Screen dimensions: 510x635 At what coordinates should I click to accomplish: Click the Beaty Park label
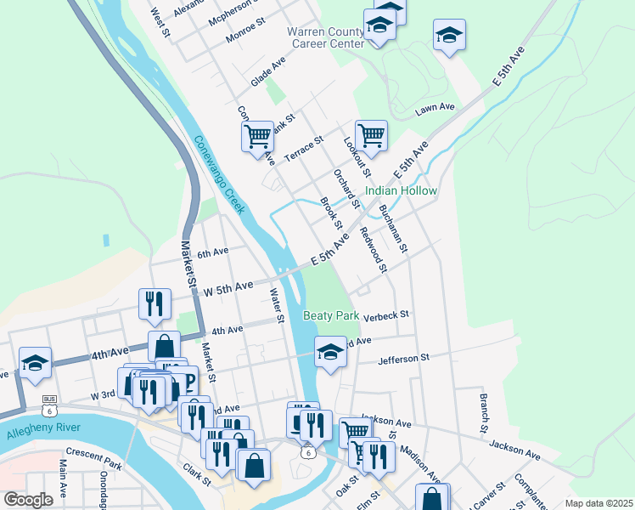point(331,315)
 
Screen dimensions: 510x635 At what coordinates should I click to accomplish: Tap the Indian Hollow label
point(401,191)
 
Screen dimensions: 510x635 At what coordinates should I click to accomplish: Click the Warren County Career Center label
point(325,37)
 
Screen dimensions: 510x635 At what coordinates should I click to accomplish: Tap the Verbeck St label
point(386,314)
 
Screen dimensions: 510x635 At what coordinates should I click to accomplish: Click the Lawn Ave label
point(436,109)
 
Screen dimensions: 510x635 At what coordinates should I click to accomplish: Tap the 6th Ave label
point(213,252)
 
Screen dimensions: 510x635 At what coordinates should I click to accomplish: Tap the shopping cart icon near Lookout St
point(371,133)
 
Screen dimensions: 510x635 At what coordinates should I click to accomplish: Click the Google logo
point(28,500)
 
